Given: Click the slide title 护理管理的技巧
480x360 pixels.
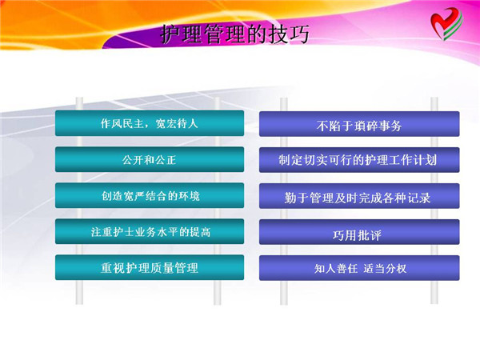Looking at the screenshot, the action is (x=234, y=34).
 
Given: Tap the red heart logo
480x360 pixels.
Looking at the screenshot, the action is (x=446, y=23).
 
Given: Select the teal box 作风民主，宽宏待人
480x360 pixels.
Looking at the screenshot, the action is (x=150, y=123).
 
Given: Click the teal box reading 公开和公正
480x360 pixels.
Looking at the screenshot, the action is (x=150, y=159).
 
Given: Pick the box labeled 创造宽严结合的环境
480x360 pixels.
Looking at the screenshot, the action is (x=150, y=196).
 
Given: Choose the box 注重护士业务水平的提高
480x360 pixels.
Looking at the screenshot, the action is (x=150, y=231).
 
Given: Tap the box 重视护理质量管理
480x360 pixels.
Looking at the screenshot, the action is (x=150, y=267).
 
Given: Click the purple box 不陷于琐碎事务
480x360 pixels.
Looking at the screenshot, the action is (x=359, y=124).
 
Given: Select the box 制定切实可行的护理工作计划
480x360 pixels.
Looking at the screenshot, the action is (x=359, y=160).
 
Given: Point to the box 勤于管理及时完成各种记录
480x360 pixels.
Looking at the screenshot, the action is (x=359, y=196).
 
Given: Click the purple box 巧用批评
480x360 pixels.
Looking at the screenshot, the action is (x=359, y=232).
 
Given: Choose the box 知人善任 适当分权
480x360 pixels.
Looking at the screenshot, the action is (x=359, y=268).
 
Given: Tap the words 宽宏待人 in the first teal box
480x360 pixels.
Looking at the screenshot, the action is (x=177, y=123).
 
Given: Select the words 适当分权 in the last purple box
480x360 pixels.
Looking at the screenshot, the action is (x=385, y=269).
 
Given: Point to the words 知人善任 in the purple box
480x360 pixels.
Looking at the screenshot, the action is (x=336, y=269).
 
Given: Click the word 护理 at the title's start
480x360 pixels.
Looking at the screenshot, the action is (x=181, y=34).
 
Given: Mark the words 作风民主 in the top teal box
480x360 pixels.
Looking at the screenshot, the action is (x=122, y=123).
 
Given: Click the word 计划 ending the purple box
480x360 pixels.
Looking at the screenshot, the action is (x=426, y=160).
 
